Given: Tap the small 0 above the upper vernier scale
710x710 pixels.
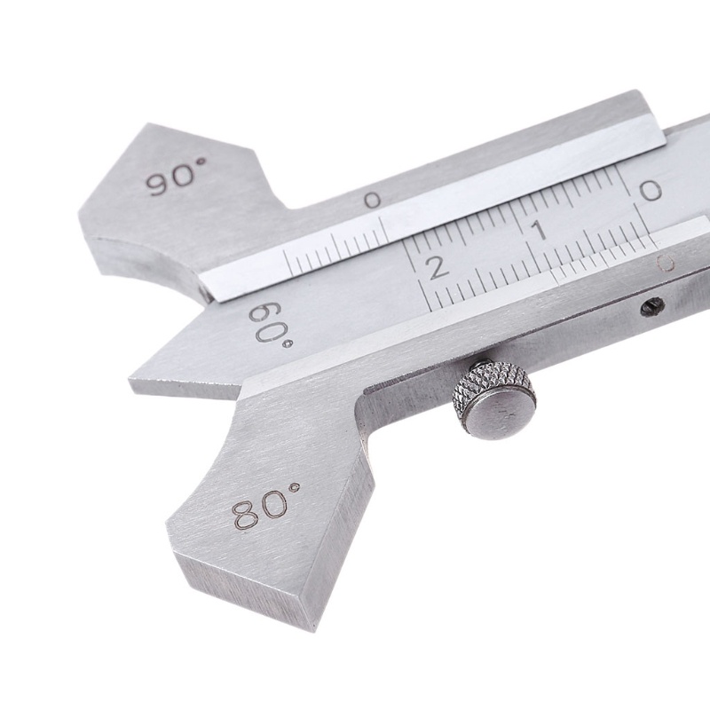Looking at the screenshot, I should tap(373, 201).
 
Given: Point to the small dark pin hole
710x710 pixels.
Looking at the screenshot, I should tap(653, 306).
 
